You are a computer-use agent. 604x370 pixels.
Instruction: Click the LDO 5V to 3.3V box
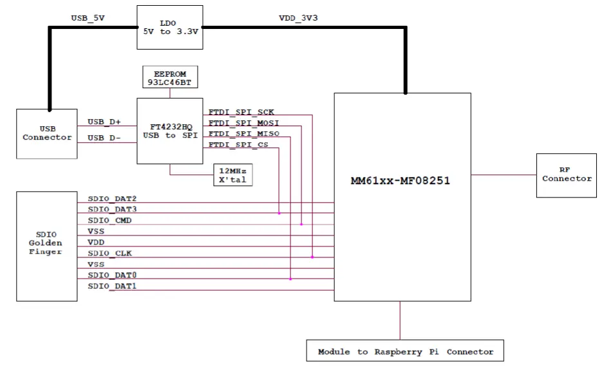170,28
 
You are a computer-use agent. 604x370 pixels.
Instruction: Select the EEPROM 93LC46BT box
170,76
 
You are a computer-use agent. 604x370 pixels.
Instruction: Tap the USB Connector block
47,134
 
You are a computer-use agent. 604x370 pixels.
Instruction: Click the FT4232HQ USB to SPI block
170,131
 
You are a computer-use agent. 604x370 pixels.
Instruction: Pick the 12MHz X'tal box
232,174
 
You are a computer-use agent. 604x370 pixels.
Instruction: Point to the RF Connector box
567,174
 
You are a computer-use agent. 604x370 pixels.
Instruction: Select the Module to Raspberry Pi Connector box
405,351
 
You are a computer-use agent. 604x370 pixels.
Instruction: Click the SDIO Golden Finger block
46,246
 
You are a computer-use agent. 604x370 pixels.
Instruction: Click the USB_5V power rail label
88,18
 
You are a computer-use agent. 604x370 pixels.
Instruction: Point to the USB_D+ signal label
104,122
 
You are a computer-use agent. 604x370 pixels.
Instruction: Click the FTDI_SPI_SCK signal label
241,112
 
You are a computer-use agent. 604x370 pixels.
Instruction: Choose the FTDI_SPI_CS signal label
239,145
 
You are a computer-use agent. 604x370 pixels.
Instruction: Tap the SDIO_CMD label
109,220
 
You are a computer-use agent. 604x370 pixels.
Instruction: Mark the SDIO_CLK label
109,253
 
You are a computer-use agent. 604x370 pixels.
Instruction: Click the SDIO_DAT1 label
112,286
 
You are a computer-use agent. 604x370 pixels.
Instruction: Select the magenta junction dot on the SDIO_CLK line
312,257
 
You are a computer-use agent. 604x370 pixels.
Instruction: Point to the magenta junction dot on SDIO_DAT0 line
290,279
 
